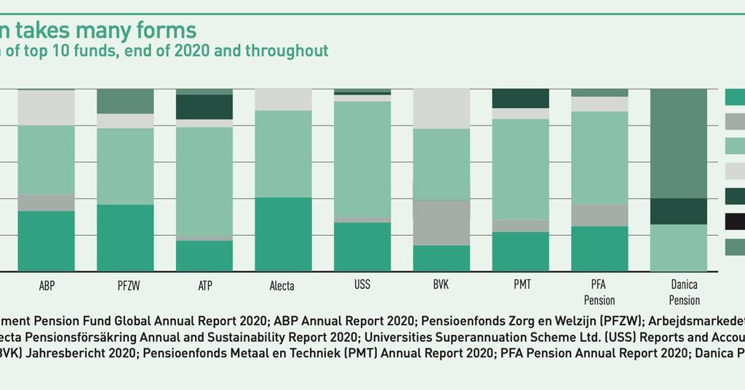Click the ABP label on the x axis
[47, 286]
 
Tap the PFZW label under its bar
[125, 286]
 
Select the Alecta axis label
[282, 286]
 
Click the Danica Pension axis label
[684, 293]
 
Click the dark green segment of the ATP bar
[204, 107]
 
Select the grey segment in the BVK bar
[441, 223]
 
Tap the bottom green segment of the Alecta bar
[283, 234]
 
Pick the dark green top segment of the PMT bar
[521, 98]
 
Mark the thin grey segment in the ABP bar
[47, 203]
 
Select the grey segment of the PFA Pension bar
[599, 215]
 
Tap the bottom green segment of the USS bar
[362, 247]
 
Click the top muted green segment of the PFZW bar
[125, 101]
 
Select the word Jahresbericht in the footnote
[70, 354]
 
